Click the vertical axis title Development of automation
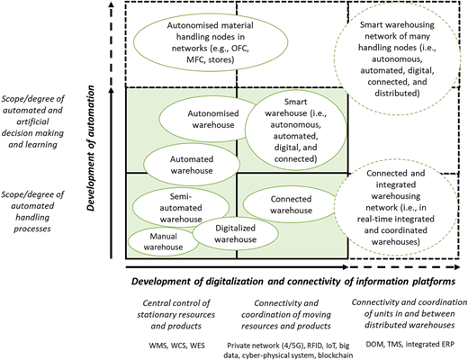pos(91,148)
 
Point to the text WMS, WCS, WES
pos(177,346)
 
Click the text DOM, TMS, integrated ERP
pos(410,344)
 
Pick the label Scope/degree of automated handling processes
pos(32,211)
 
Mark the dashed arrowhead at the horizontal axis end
pos(457,267)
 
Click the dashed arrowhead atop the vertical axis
pos(112,4)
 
